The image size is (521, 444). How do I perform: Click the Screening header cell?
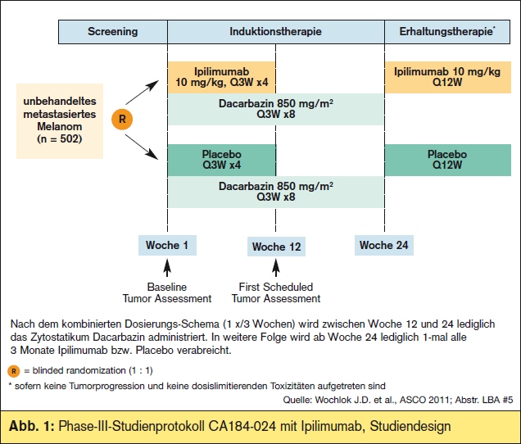[x=113, y=32]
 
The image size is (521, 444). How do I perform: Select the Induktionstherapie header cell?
[x=276, y=32]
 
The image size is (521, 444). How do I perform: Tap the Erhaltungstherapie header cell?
[x=447, y=32]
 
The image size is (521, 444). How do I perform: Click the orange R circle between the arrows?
[x=122, y=119]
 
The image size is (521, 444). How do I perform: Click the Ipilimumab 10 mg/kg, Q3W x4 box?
[x=222, y=77]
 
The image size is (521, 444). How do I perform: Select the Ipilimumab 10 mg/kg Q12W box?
[x=447, y=77]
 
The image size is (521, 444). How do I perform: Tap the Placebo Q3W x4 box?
[x=222, y=160]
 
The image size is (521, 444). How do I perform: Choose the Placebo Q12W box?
[x=447, y=160]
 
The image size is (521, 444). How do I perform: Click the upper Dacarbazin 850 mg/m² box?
[x=276, y=109]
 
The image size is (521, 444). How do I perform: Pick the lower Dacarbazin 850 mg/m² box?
[x=276, y=192]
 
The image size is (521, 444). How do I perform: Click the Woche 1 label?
[x=167, y=245]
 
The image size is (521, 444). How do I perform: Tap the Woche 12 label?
[x=276, y=247]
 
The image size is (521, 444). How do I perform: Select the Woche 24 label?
[x=383, y=245]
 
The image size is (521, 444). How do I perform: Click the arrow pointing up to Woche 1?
[x=167, y=268]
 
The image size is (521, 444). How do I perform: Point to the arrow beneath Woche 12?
[x=276, y=268]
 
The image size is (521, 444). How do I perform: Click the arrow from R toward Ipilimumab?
[x=142, y=93]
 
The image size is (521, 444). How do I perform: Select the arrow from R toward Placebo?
[x=142, y=147]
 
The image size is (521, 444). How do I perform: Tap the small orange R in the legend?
[x=14, y=371]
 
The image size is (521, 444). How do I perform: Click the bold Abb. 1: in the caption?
[x=31, y=426]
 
